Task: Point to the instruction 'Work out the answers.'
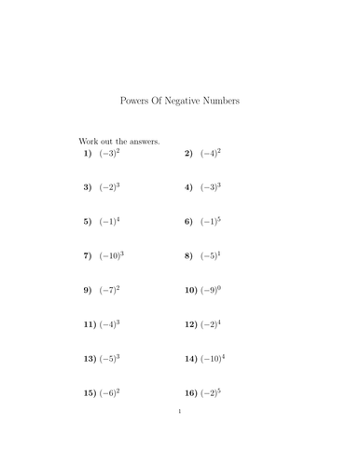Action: (119, 142)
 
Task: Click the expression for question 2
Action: (211, 153)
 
